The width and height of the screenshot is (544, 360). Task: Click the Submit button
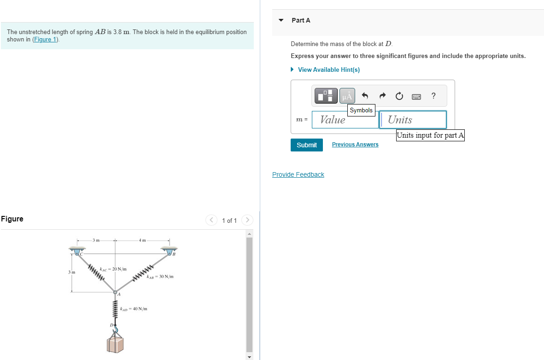coord(306,145)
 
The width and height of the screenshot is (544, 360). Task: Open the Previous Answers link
coord(355,145)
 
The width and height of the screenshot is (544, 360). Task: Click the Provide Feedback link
coord(298,174)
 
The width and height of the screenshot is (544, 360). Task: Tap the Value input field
coord(345,120)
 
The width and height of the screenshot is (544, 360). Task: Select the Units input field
coord(413,120)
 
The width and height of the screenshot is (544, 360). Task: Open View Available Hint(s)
coord(328,70)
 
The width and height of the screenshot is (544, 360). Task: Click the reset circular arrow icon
coord(399,96)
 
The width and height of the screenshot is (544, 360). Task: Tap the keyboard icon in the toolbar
coord(416,96)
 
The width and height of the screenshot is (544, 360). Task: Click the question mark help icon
coord(433,96)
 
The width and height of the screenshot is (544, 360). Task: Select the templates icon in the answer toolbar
coord(326,96)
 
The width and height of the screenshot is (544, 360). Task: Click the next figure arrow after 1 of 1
coord(247,220)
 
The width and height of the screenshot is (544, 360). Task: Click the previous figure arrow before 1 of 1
coord(211,220)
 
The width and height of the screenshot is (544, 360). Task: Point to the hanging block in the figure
coord(116,345)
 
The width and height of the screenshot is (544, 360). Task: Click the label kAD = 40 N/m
coord(134,308)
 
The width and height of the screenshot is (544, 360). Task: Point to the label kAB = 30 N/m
coord(160,277)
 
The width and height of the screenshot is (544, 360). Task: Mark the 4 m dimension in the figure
coord(142,240)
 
